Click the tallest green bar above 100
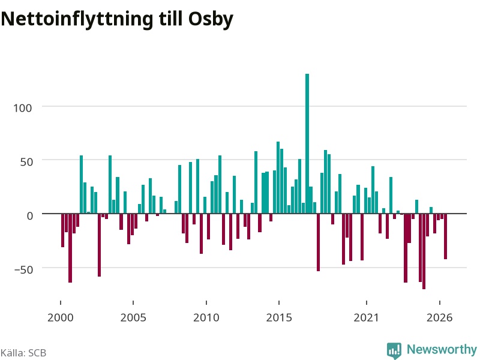(307, 143)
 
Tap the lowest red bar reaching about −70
(424, 251)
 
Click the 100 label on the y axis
(22, 108)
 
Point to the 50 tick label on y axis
(26, 161)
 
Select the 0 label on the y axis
(29, 215)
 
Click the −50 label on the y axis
(23, 269)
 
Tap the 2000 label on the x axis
(61, 317)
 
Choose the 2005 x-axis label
(133, 317)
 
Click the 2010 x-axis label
(206, 317)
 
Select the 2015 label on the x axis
(279, 317)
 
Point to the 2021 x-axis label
(367, 317)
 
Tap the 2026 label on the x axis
(440, 317)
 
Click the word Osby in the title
(211, 19)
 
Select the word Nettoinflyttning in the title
(77, 19)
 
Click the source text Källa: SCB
(23, 353)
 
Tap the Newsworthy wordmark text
(442, 349)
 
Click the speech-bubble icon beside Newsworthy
(394, 350)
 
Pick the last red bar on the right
(445, 236)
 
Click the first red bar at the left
(63, 230)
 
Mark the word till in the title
(170, 19)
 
